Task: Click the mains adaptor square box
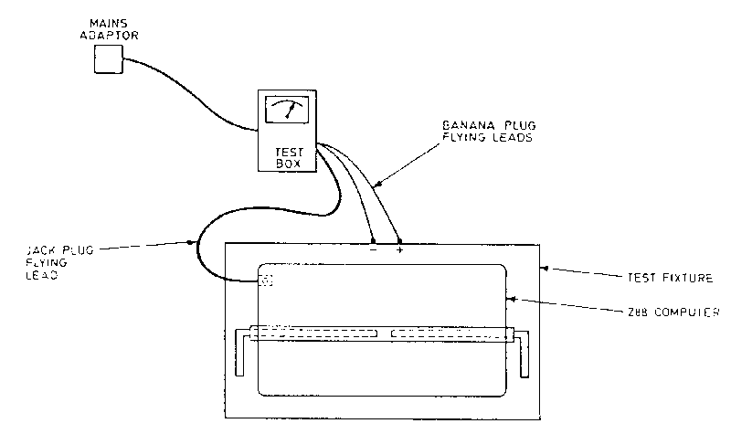click(109, 58)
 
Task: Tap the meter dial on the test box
click(286, 111)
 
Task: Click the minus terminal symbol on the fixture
click(374, 249)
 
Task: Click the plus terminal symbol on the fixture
click(399, 249)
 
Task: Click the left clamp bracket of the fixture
click(239, 354)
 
